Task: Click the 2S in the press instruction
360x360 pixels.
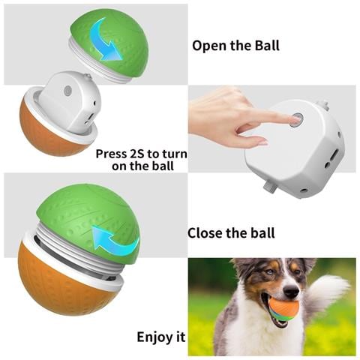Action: point(137,154)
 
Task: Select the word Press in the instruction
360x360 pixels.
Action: point(112,154)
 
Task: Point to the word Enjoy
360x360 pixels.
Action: point(153,337)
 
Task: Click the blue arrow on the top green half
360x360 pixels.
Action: point(105,40)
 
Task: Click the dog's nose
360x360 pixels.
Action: point(292,292)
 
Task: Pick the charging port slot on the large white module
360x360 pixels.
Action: point(334,155)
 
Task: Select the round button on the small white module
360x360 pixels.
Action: point(67,90)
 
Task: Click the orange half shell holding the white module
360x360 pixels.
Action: point(51,133)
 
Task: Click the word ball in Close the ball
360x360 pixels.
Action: point(263,233)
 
